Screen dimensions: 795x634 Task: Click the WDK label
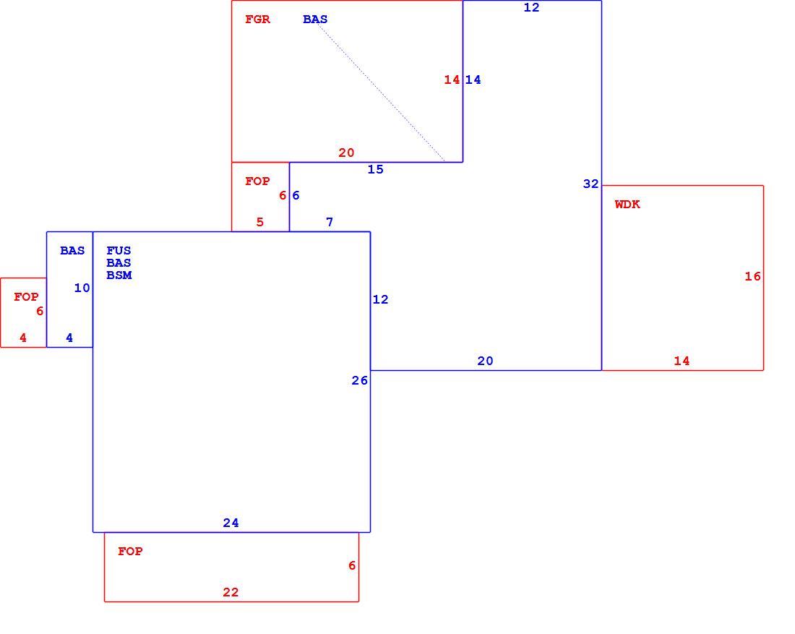coord(627,205)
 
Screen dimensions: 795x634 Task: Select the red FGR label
coord(257,20)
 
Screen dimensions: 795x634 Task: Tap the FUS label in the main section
coord(119,251)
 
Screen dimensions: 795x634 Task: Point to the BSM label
coord(119,275)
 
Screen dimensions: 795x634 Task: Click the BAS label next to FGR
coord(315,20)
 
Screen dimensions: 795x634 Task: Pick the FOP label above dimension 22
coord(130,552)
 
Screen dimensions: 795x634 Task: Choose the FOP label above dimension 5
coord(257,181)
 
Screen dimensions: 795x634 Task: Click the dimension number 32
coord(590,184)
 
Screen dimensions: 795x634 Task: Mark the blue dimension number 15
coord(375,169)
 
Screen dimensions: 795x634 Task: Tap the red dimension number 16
coord(752,276)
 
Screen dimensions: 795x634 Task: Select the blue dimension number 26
coord(359,380)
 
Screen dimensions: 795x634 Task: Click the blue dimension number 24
coord(231,523)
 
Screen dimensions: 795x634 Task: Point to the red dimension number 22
coord(231,592)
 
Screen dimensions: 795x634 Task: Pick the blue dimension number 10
coord(82,288)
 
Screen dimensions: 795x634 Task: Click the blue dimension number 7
coord(330,222)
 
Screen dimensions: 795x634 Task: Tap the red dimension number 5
coord(260,222)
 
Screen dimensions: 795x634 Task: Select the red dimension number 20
coord(346,153)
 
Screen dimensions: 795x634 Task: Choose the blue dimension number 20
coord(485,361)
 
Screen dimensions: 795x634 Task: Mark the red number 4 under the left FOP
coord(23,338)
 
